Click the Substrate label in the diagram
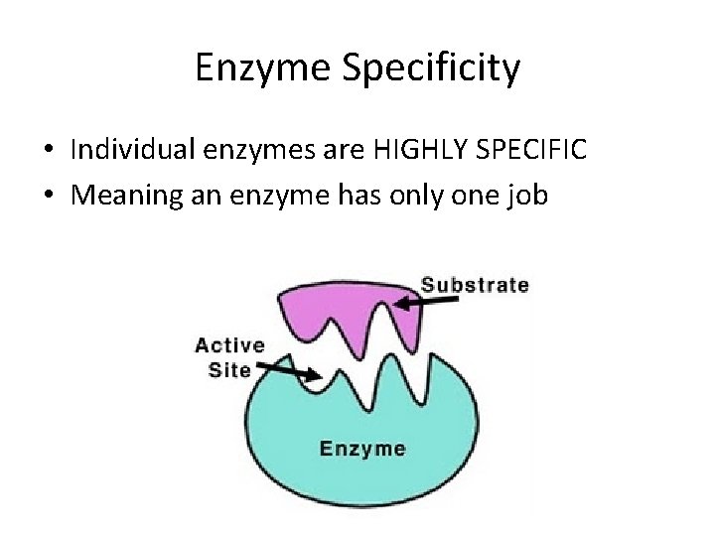[475, 285]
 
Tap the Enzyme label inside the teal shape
[362, 449]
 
